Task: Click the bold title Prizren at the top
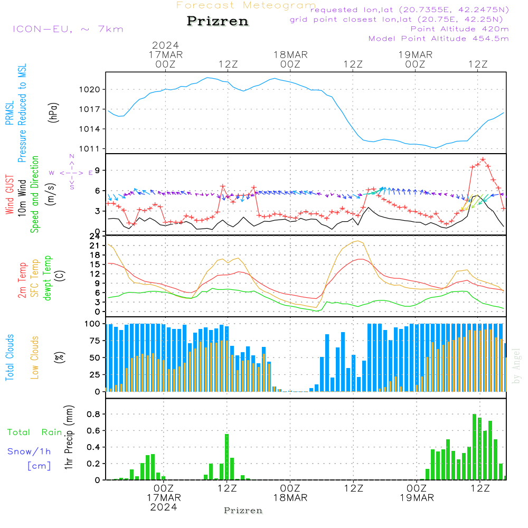coord(217,21)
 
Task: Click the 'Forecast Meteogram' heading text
coord(246,5)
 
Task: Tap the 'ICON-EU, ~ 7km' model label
coord(68,29)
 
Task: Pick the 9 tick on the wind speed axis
coord(98,170)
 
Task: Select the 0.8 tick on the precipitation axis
coord(95,414)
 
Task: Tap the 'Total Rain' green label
coord(35,432)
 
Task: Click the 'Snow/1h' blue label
coord(29,451)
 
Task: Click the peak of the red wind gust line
coord(483,159)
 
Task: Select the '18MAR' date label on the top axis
coord(290,55)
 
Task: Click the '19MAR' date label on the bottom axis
coord(416,498)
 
